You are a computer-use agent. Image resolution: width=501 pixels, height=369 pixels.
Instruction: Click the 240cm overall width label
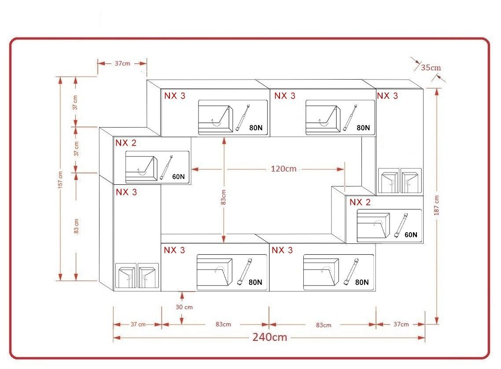click(270, 337)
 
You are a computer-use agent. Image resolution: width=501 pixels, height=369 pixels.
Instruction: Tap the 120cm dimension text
click(284, 168)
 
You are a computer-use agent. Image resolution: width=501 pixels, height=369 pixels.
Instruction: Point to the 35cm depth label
click(431, 67)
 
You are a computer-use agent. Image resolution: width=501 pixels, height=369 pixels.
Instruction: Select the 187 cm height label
click(436, 205)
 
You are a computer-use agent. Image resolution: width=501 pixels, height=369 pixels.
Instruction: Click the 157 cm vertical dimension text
click(60, 180)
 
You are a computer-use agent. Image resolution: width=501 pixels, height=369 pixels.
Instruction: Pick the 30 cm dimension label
click(184, 307)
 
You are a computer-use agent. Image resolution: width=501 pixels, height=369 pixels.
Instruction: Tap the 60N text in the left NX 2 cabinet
click(178, 176)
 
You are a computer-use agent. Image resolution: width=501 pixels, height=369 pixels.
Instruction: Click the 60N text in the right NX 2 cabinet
click(411, 234)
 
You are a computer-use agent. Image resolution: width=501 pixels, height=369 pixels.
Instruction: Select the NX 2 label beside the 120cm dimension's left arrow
click(126, 142)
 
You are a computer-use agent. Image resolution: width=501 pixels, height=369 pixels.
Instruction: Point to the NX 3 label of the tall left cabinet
click(126, 192)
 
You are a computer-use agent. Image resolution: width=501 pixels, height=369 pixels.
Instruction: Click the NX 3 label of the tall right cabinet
click(387, 96)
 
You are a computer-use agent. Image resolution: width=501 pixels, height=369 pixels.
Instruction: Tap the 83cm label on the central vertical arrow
click(223, 197)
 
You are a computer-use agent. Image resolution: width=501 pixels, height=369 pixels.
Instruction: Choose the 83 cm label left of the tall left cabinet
click(76, 226)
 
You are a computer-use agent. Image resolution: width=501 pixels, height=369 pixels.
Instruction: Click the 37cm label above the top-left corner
click(122, 63)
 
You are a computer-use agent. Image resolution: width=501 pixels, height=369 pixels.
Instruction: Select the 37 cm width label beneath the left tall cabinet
click(138, 324)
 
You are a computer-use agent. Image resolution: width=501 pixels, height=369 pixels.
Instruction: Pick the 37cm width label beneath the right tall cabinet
click(401, 324)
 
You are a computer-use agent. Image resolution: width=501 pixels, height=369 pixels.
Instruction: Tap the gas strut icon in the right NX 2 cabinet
click(402, 225)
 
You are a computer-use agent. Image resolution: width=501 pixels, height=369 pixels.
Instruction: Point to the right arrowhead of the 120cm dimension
click(341, 169)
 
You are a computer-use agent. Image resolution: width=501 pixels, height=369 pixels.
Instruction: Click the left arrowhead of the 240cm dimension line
click(117, 337)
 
